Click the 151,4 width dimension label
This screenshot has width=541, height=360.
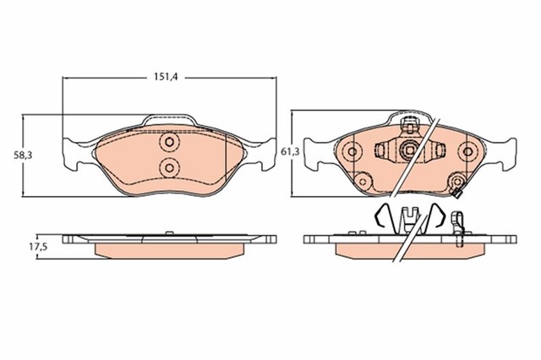click(x=166, y=77)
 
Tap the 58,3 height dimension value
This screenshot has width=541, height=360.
click(x=23, y=155)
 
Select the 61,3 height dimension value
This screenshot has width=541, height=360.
click(x=290, y=151)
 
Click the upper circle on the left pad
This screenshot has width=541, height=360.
click(x=169, y=141)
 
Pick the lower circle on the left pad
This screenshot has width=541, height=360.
click(x=169, y=168)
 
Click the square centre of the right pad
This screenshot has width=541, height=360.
click(x=410, y=150)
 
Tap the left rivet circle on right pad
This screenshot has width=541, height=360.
click(x=352, y=151)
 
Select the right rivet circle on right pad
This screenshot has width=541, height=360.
click(x=467, y=151)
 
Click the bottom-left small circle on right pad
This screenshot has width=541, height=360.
click(x=363, y=180)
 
